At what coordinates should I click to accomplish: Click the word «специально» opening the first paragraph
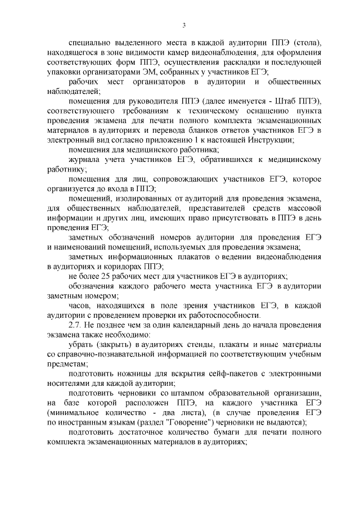(x=88, y=42)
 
